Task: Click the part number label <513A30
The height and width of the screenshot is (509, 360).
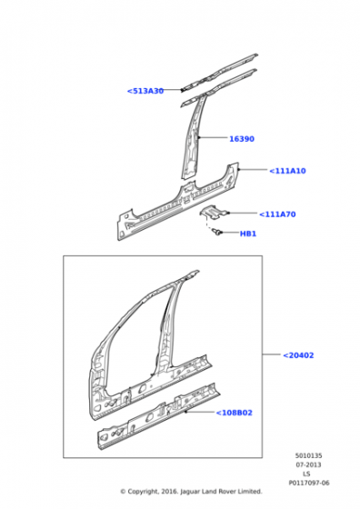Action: [145, 91]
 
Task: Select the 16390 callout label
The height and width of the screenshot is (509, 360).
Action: [242, 139]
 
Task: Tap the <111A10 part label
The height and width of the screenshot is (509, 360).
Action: [287, 171]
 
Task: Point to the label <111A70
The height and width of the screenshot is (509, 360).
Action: [277, 215]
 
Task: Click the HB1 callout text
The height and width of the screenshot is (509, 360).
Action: [248, 234]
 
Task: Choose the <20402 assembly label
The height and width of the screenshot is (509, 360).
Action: [299, 355]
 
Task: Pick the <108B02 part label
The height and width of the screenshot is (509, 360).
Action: [234, 413]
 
